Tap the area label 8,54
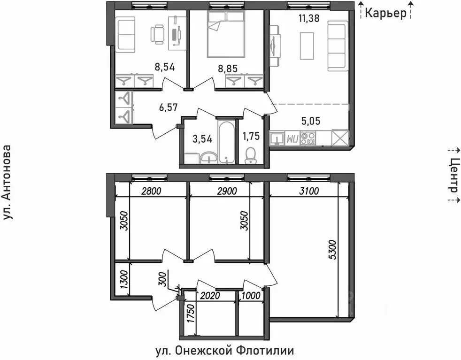pos(165,67)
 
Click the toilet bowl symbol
pos(251,154)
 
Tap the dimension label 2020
pos(210,296)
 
